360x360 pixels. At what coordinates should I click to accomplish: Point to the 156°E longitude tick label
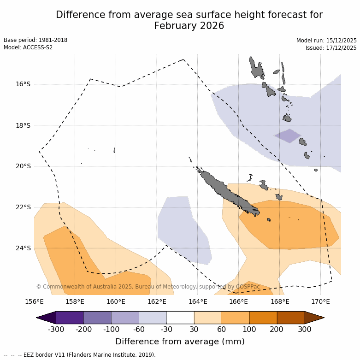pos(34,302)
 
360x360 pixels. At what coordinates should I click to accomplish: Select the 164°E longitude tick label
pos(198,302)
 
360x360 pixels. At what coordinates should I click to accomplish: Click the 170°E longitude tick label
pos(320,302)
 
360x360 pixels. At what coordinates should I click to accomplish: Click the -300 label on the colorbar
pos(56,329)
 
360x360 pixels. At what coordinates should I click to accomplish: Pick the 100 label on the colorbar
pos(249,329)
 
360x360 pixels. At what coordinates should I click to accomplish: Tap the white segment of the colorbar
pos(180,318)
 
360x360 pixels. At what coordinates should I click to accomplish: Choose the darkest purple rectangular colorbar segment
pos(70,318)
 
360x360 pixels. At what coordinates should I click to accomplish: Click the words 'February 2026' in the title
pos(189,26)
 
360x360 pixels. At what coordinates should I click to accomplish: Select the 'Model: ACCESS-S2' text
pos(28,47)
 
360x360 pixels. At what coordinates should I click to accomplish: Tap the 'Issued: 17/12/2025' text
pos(331,48)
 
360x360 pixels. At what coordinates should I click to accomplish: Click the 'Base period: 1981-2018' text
pos(35,40)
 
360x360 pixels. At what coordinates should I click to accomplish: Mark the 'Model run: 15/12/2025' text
pos(326,41)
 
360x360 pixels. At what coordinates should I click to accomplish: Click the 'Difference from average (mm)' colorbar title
pos(180,342)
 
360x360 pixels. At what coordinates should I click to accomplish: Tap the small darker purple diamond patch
pos(288,136)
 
